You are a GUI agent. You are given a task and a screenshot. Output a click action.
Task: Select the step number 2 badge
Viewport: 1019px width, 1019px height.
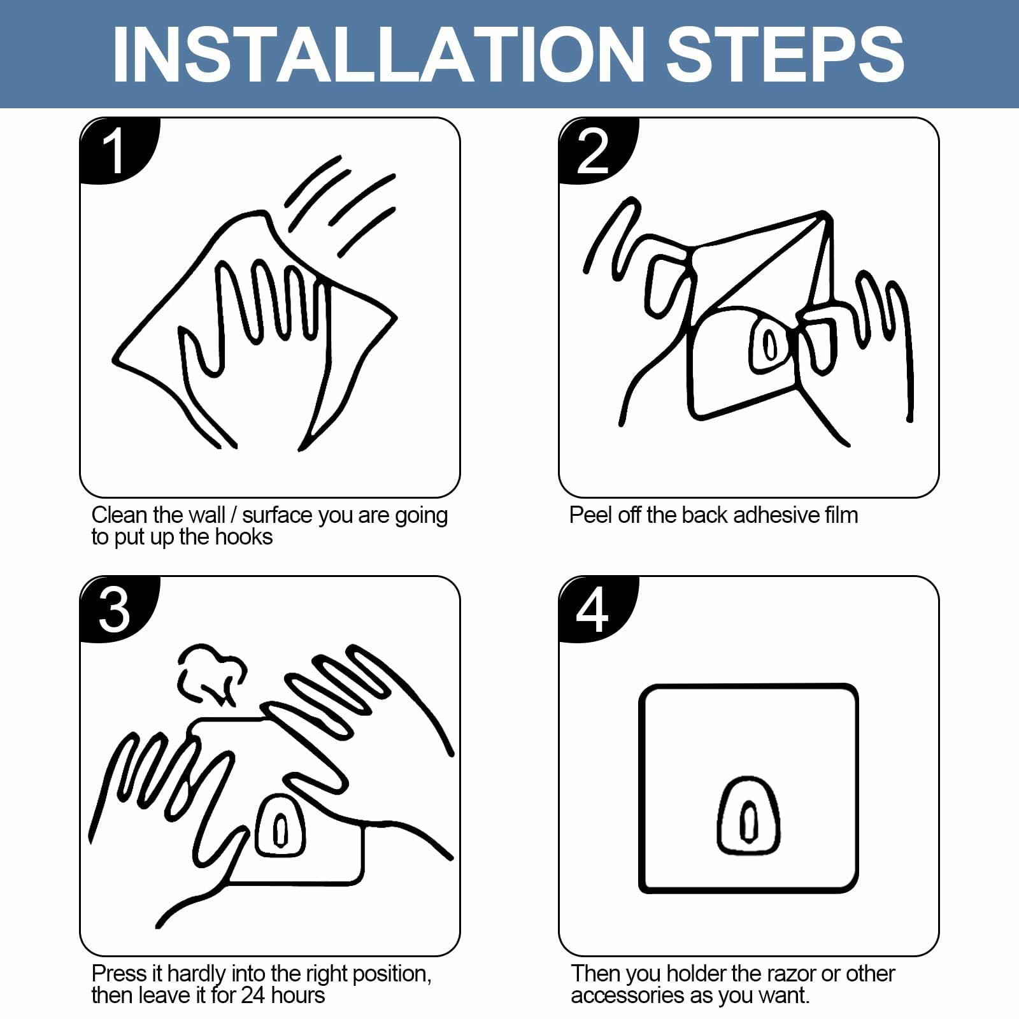597,152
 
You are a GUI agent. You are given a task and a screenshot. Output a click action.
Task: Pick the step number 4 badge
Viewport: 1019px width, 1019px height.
597,610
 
